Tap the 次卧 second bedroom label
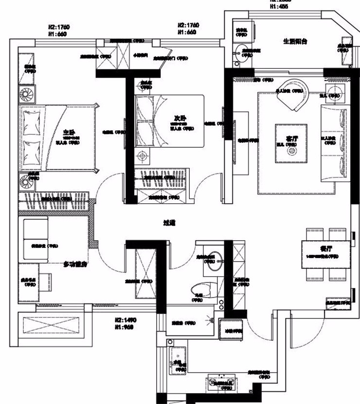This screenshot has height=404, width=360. click(x=180, y=118)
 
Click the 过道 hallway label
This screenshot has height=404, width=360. click(x=169, y=223)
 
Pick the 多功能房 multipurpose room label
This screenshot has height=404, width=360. click(x=75, y=264)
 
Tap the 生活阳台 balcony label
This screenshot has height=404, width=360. click(x=295, y=41)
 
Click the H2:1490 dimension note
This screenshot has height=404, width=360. click(x=125, y=320)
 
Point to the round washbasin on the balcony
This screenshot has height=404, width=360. click(x=239, y=55)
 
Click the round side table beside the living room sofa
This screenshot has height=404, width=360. click(x=334, y=92)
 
